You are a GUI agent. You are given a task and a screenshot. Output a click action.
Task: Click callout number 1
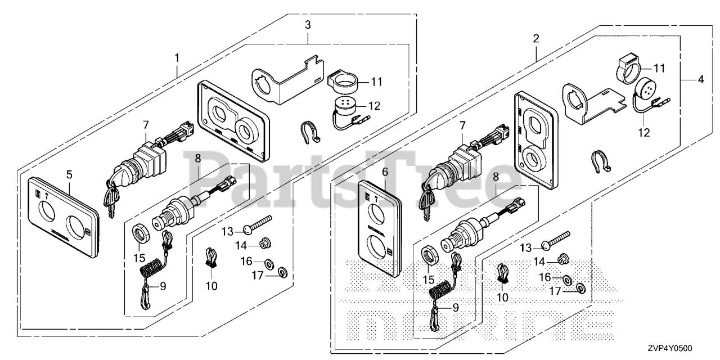point(177,58)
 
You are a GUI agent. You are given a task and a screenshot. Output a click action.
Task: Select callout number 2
point(535,39)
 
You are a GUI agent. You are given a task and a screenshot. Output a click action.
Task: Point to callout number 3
point(308,24)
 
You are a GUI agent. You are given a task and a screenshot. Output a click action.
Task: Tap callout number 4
point(700,79)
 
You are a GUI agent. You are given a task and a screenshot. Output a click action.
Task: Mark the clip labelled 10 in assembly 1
point(211,257)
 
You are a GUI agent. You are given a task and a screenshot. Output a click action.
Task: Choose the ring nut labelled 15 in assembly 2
point(431,258)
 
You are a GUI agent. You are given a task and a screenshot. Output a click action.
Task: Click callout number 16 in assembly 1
point(247,262)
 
